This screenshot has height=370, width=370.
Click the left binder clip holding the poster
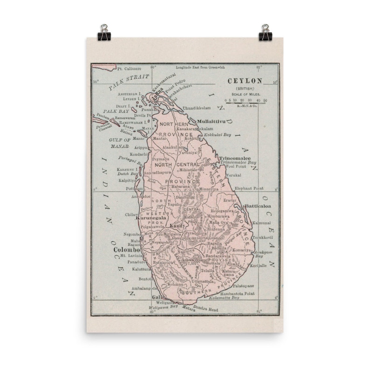click(104, 32)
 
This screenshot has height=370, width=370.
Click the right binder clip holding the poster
click(266, 32)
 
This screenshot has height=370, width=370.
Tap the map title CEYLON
click(245, 81)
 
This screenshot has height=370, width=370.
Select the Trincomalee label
click(235, 158)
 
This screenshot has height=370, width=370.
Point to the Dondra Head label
click(206, 308)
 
